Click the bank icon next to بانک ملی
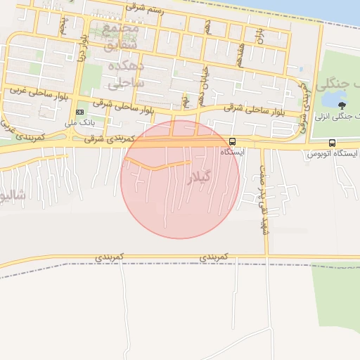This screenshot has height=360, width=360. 79,112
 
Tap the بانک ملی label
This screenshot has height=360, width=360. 79,122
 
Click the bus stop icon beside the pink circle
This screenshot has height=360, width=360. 233,141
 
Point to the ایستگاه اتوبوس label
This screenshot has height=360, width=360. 334,153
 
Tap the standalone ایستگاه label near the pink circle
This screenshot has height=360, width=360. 232,152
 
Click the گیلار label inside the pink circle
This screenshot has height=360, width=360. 199,178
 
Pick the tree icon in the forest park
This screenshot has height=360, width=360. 341,104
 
